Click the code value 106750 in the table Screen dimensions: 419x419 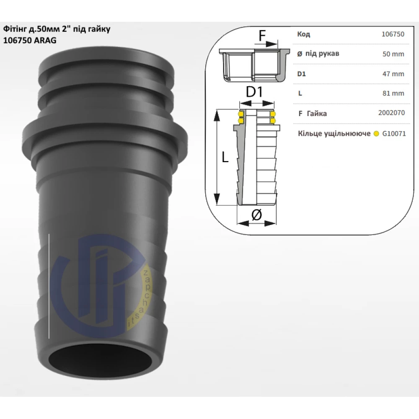pos(393,34)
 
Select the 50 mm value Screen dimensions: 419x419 pos(393,54)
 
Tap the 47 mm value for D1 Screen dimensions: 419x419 pos(393,74)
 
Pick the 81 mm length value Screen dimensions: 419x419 pos(393,93)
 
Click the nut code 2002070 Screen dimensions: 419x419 pos(391,113)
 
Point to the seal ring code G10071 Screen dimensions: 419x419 pos(394,133)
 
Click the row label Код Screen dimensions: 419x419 pos(303,34)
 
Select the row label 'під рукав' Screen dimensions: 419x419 pos(322,54)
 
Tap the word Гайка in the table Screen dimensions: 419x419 pos(317,114)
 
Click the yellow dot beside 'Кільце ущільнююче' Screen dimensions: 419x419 pos(376,134)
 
